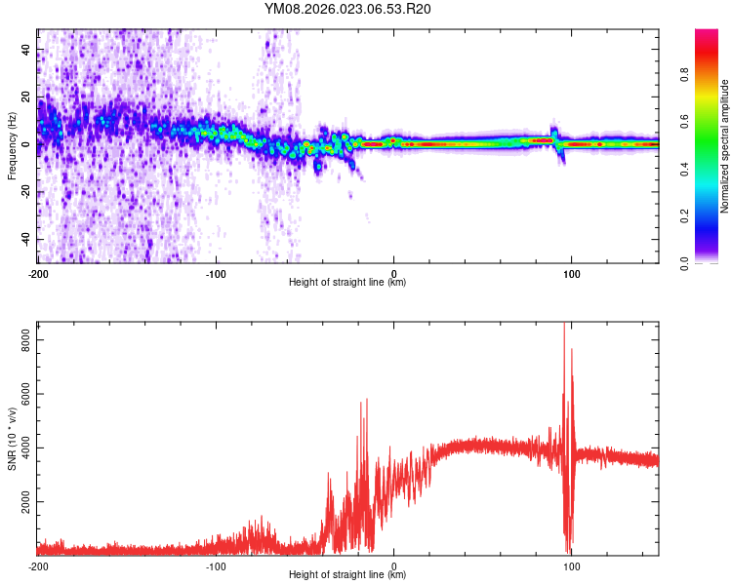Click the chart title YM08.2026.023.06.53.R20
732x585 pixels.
coord(347,10)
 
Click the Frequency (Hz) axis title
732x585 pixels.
coord(12,146)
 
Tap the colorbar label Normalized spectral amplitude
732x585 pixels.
coord(725,146)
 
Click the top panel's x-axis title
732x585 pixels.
coord(347,283)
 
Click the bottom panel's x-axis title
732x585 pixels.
coord(347,575)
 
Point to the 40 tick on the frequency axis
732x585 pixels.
coord(25,49)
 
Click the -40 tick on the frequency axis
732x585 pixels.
coord(23,239)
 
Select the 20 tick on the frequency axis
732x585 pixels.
coord(25,97)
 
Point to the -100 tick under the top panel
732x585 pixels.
coord(216,273)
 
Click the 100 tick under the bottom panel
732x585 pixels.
coord(572,565)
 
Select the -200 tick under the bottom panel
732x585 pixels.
coord(38,565)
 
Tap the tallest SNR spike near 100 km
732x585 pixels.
coord(564,325)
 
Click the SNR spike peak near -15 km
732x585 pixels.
coord(366,399)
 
